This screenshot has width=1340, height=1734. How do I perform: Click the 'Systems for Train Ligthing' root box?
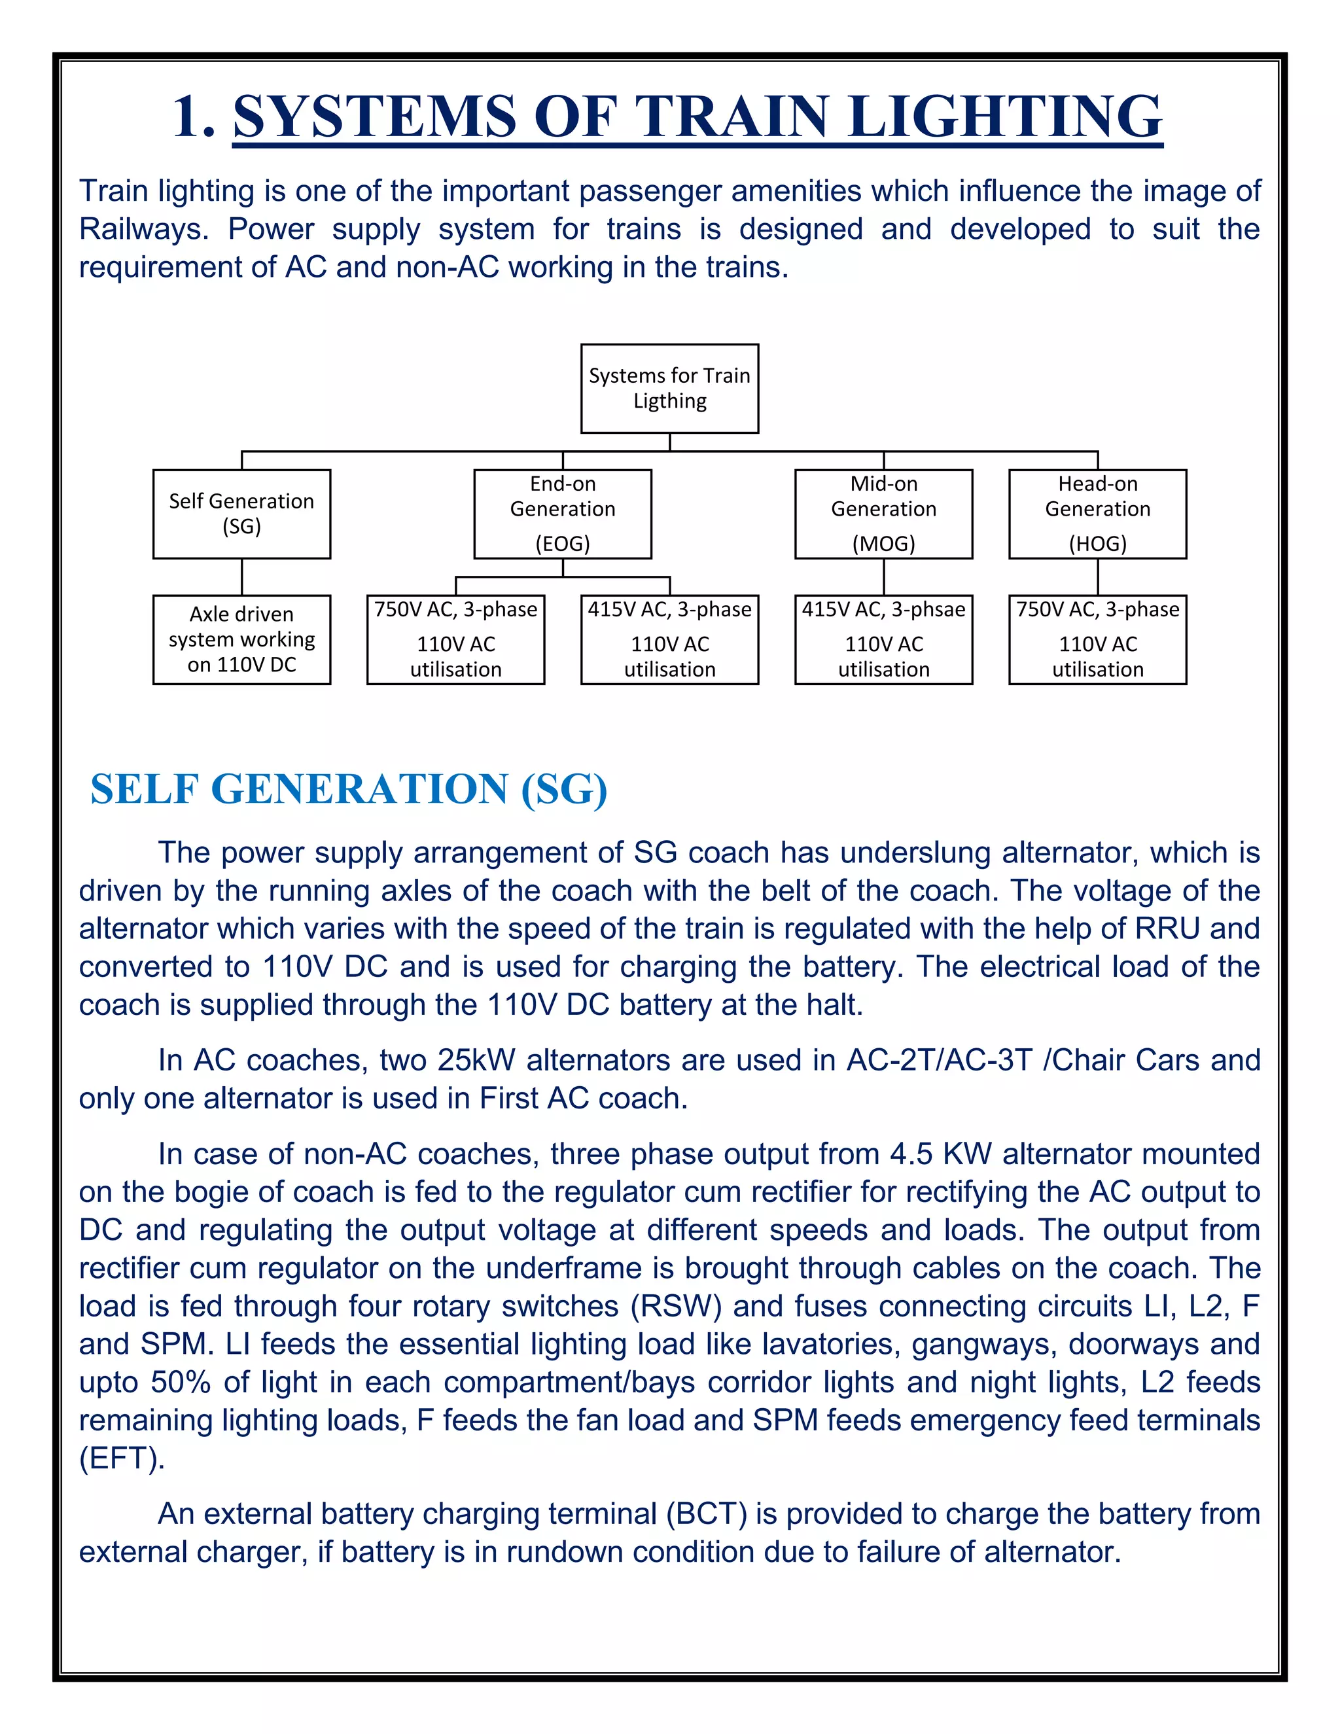pyautogui.click(x=669, y=388)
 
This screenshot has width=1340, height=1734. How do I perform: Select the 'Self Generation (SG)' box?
pyautogui.click(x=241, y=514)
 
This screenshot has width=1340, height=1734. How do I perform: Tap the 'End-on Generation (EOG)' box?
pyautogui.click(x=562, y=514)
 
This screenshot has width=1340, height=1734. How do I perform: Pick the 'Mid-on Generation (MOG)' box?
pyautogui.click(x=883, y=514)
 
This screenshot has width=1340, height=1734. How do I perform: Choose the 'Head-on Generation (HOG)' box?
pyautogui.click(x=1097, y=514)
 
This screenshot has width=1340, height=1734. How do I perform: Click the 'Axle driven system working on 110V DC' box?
pyautogui.click(x=241, y=639)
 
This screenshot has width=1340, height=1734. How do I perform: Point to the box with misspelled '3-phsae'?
pyautogui.click(x=883, y=639)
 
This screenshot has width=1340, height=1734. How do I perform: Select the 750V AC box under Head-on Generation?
pyautogui.click(x=1097, y=639)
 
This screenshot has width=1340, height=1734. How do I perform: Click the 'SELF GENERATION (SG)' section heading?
pyautogui.click(x=349, y=788)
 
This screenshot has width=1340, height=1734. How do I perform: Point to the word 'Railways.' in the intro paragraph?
pyautogui.click(x=143, y=230)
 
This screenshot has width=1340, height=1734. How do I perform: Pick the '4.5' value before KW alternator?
pyautogui.click(x=911, y=1154)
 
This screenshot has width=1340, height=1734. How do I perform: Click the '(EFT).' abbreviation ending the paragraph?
pyautogui.click(x=122, y=1459)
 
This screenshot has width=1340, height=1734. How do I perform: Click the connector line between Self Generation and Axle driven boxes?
pyautogui.click(x=241, y=577)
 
